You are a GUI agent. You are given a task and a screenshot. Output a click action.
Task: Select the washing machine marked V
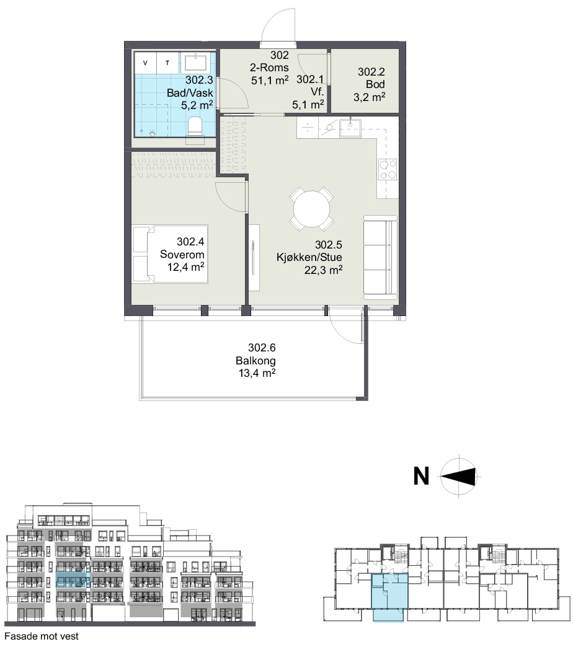pyautogui.click(x=145, y=63)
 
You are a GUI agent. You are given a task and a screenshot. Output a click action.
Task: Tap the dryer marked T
pyautogui.click(x=167, y=63)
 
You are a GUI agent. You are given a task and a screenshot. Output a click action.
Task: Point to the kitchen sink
pyautogui.click(x=350, y=128)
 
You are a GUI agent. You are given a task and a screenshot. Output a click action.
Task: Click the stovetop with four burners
pyautogui.click(x=388, y=169)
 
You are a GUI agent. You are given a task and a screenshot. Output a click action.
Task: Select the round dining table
pyautogui.click(x=312, y=209)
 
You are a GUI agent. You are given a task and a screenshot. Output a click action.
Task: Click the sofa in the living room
pyautogui.click(x=380, y=257)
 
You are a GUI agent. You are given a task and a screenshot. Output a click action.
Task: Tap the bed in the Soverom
pyautogui.click(x=170, y=253)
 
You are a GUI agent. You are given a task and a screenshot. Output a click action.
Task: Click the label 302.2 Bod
pyautogui.click(x=371, y=78)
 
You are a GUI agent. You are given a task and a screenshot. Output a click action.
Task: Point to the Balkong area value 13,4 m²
pyautogui.click(x=257, y=374)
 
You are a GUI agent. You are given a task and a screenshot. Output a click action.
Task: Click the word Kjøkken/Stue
pyautogui.click(x=309, y=257)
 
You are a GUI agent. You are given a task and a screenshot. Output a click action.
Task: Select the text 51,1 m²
pyautogui.click(x=270, y=80)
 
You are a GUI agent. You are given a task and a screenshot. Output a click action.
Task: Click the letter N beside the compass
pyautogui.click(x=421, y=476)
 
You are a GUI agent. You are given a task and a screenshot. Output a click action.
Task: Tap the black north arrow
pyautogui.click(x=458, y=476)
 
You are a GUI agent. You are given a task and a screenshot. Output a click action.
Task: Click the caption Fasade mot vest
pyautogui.click(x=42, y=636)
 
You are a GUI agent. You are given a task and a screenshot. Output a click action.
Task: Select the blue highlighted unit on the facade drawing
pyautogui.click(x=73, y=579)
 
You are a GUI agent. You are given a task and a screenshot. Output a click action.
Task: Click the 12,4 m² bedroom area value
pyautogui.click(x=186, y=267)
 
